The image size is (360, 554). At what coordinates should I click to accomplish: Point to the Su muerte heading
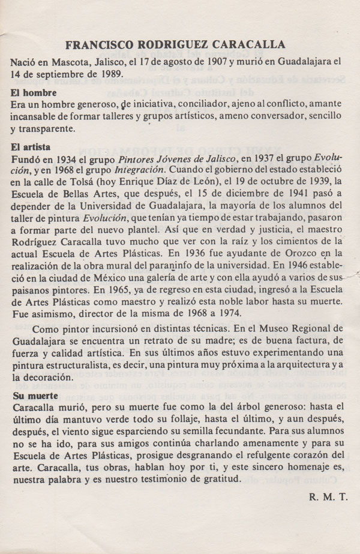point(35,396)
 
